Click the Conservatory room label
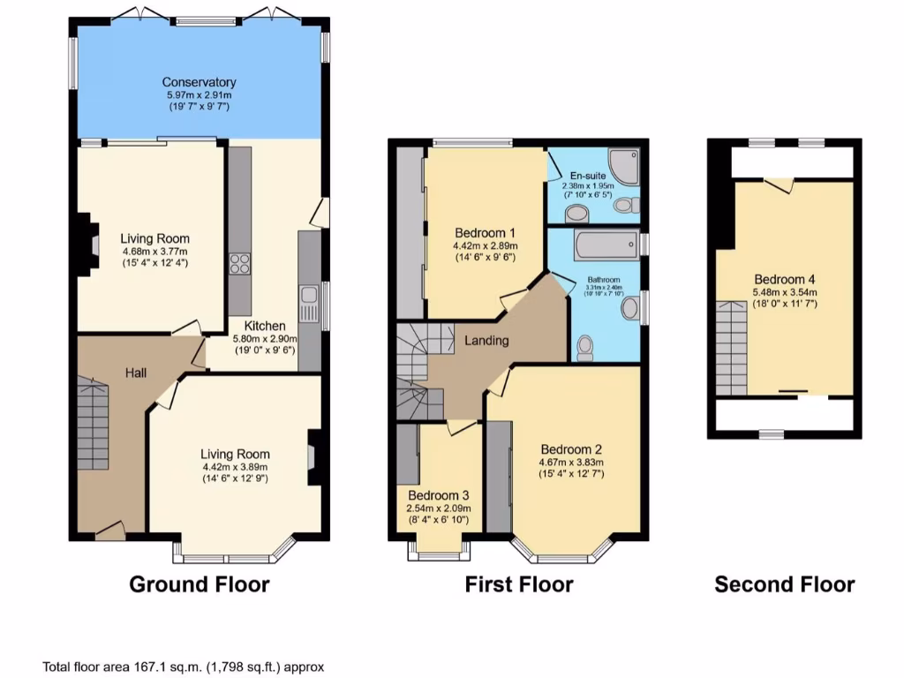(199, 82)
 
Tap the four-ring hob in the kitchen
(239, 264)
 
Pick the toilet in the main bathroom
(585, 349)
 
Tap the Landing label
(486, 340)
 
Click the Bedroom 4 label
(785, 280)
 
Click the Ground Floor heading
(199, 584)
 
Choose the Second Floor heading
(784, 584)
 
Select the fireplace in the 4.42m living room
(313, 457)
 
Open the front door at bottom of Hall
(110, 531)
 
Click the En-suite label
(588, 176)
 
